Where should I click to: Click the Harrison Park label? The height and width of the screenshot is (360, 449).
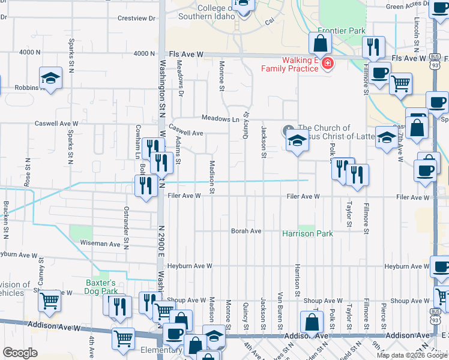[x=307, y=233]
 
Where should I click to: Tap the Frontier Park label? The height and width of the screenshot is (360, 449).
[x=341, y=30]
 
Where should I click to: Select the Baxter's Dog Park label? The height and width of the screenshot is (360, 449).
[x=100, y=287]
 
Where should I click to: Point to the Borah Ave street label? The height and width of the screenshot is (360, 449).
[x=247, y=231]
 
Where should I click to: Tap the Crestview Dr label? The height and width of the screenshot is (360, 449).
[x=137, y=19]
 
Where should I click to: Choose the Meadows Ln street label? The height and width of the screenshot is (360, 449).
[x=220, y=119]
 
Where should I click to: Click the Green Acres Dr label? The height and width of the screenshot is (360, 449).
[x=406, y=7]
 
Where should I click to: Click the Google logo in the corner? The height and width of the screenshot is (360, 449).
[x=20, y=353]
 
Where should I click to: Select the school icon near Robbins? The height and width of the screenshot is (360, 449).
[x=51, y=78]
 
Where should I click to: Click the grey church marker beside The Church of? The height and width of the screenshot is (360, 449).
[x=289, y=129]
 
